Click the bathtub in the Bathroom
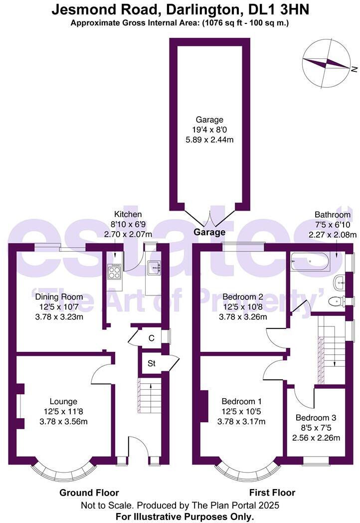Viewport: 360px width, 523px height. (x=310, y=261)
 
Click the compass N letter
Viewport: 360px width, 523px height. (x=354, y=69)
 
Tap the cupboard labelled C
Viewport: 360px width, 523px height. (x=152, y=338)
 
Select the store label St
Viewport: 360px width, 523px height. (x=152, y=363)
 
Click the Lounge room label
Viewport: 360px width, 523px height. (x=63, y=402)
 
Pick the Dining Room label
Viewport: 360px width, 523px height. (x=59, y=296)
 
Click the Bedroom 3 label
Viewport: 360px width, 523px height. (x=316, y=418)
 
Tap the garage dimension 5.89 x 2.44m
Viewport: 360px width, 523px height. (x=209, y=139)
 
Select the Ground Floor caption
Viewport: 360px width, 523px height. (x=89, y=493)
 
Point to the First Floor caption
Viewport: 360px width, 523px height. (x=272, y=493)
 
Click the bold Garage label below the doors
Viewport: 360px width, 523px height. (x=209, y=232)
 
